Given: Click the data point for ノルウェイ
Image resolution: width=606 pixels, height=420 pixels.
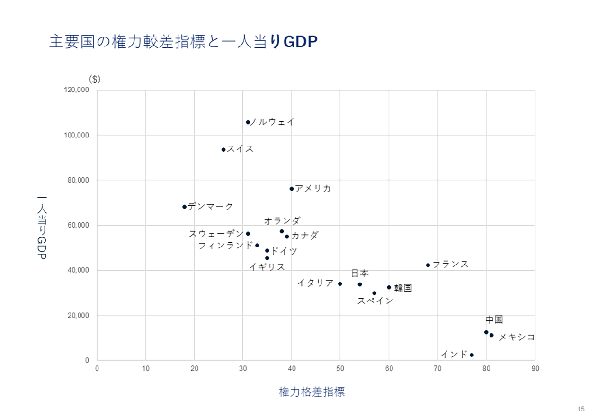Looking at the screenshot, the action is [248, 122].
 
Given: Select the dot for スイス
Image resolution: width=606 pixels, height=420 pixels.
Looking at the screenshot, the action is [223, 150].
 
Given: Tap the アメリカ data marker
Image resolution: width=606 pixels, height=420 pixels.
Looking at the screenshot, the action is [292, 189].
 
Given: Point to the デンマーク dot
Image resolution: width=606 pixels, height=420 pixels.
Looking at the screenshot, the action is [185, 207].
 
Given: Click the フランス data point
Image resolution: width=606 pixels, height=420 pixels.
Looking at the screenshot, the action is [428, 265].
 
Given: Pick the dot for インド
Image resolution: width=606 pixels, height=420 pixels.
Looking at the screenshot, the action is [472, 355].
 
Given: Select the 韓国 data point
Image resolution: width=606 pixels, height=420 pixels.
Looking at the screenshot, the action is [389, 287].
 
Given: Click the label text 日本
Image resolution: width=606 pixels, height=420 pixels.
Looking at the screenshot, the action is [360, 274].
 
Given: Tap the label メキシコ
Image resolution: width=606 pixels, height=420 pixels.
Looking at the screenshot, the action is [517, 337].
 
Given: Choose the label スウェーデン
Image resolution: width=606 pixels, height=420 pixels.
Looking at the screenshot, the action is [216, 234].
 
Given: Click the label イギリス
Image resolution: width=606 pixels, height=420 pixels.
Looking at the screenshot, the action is [267, 267].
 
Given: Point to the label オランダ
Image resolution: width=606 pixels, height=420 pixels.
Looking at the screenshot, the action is [282, 221].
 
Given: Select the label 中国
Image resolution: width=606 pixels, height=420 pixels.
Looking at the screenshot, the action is [494, 320].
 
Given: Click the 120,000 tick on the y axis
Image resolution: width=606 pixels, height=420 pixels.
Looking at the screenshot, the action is [76, 90].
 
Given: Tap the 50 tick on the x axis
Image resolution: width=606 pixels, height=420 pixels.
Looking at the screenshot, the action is [340, 368].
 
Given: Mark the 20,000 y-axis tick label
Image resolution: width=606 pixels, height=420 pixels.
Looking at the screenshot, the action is [78, 315].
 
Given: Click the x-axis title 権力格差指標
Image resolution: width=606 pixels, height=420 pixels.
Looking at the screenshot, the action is [312, 392].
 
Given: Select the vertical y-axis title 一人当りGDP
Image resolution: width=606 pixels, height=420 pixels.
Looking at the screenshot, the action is [42, 228].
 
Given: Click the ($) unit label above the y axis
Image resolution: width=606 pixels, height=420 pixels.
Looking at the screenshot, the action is [95, 79].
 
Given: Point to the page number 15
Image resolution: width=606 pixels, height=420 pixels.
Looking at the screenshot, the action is [581, 409].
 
